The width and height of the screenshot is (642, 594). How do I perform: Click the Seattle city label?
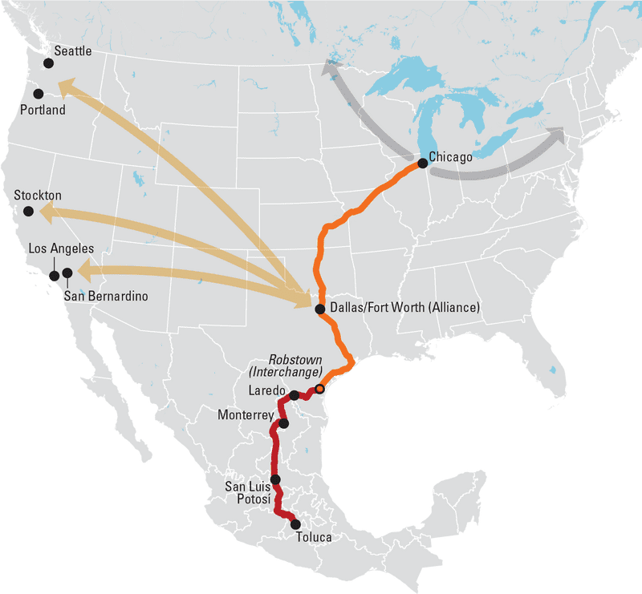(73, 51)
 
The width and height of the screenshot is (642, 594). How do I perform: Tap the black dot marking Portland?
(39, 94)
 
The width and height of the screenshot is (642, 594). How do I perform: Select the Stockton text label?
(38, 196)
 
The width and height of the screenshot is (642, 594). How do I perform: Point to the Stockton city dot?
(29, 211)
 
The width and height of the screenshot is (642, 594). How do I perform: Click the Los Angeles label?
(61, 249)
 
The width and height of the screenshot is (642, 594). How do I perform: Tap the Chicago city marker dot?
(422, 163)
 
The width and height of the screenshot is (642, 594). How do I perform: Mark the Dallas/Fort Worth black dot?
(320, 309)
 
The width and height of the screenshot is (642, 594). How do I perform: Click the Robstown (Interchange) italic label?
(294, 366)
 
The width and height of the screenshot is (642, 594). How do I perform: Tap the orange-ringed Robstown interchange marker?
(319, 389)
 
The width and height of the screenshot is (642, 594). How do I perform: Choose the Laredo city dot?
(295, 394)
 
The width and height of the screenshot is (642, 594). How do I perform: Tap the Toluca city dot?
(295, 523)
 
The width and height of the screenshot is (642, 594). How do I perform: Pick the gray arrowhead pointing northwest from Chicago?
(330, 70)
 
